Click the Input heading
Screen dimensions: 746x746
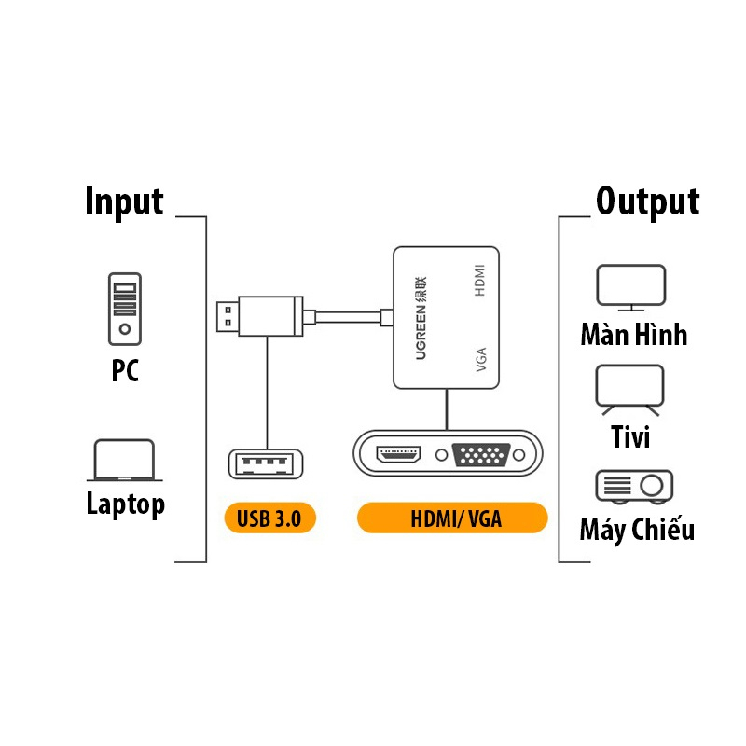pos(124,201)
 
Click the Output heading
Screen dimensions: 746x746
pos(647,201)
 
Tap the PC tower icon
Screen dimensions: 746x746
pos(124,308)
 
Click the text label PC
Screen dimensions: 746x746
pos(125,371)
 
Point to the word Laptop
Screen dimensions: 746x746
pos(125,504)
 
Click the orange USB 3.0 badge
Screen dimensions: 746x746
pos(269,519)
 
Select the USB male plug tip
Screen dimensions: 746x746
pos(225,317)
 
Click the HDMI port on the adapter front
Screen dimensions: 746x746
pos(398,454)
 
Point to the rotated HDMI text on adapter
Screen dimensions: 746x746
pos(480,281)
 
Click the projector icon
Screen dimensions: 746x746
pos(634,485)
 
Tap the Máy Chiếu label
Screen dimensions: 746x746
pos(637,531)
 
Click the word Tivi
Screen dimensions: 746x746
pos(630,436)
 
